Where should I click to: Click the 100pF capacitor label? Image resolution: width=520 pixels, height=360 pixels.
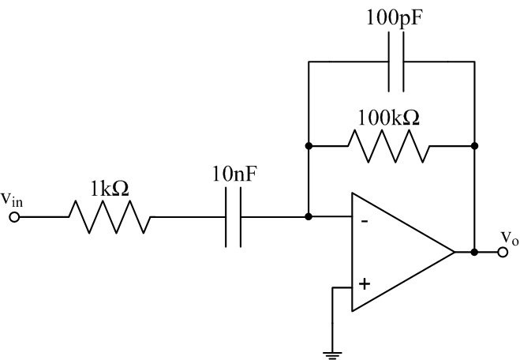392,17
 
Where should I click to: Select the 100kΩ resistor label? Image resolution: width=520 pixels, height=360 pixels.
391,118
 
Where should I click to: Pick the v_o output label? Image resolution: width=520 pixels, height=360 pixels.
510,236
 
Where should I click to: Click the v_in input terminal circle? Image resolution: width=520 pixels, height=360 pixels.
13,216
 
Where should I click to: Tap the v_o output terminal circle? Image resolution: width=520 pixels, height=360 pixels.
503,253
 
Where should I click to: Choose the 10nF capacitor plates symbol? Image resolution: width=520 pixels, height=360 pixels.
234,216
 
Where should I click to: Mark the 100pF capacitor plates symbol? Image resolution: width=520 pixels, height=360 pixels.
392,62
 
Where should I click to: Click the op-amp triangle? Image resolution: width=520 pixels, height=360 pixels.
395,253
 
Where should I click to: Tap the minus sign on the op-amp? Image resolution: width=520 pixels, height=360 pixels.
364,221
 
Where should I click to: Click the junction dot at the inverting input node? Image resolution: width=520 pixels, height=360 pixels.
309,216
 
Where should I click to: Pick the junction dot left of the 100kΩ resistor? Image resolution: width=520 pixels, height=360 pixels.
309,146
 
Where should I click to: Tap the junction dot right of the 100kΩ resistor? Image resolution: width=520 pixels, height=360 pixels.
474,146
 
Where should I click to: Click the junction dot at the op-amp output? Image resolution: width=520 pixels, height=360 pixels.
474,253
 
